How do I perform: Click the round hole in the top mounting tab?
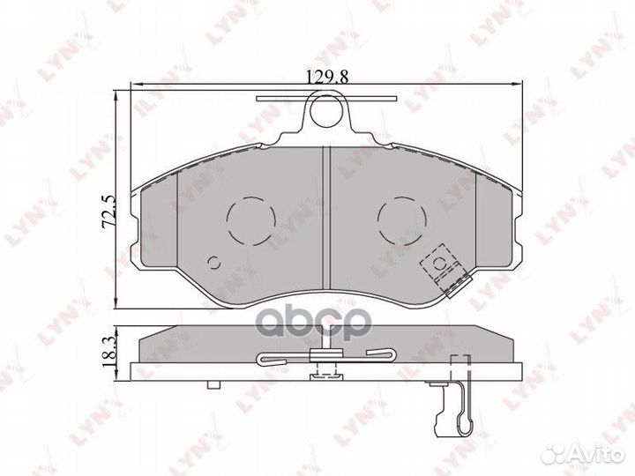coord(326,112)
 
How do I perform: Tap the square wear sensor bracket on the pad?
coord(438,263)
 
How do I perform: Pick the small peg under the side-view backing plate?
coord(212,384)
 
